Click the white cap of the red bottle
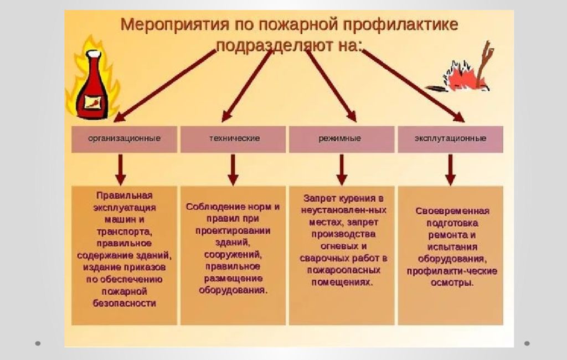(93, 54)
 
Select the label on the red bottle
(93, 102)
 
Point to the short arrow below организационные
(120, 169)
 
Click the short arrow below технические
(233, 169)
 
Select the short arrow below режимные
(342, 169)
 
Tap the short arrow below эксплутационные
(451, 169)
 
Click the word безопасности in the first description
(125, 303)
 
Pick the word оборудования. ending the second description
(233, 290)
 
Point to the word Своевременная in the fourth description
(452, 211)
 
